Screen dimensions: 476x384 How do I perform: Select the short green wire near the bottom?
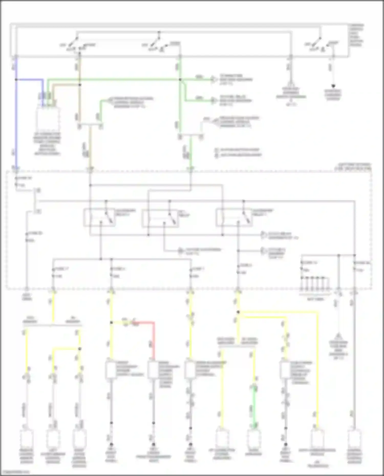(254, 407)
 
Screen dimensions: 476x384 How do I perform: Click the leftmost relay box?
(99, 217)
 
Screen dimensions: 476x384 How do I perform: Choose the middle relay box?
(160, 218)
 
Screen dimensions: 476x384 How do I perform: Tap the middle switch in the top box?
(157, 43)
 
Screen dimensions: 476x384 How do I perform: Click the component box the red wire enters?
(153, 370)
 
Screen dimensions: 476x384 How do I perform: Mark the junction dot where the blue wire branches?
(16, 80)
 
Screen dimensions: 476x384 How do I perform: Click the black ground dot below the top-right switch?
(333, 86)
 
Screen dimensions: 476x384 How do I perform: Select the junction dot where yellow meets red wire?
(111, 323)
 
